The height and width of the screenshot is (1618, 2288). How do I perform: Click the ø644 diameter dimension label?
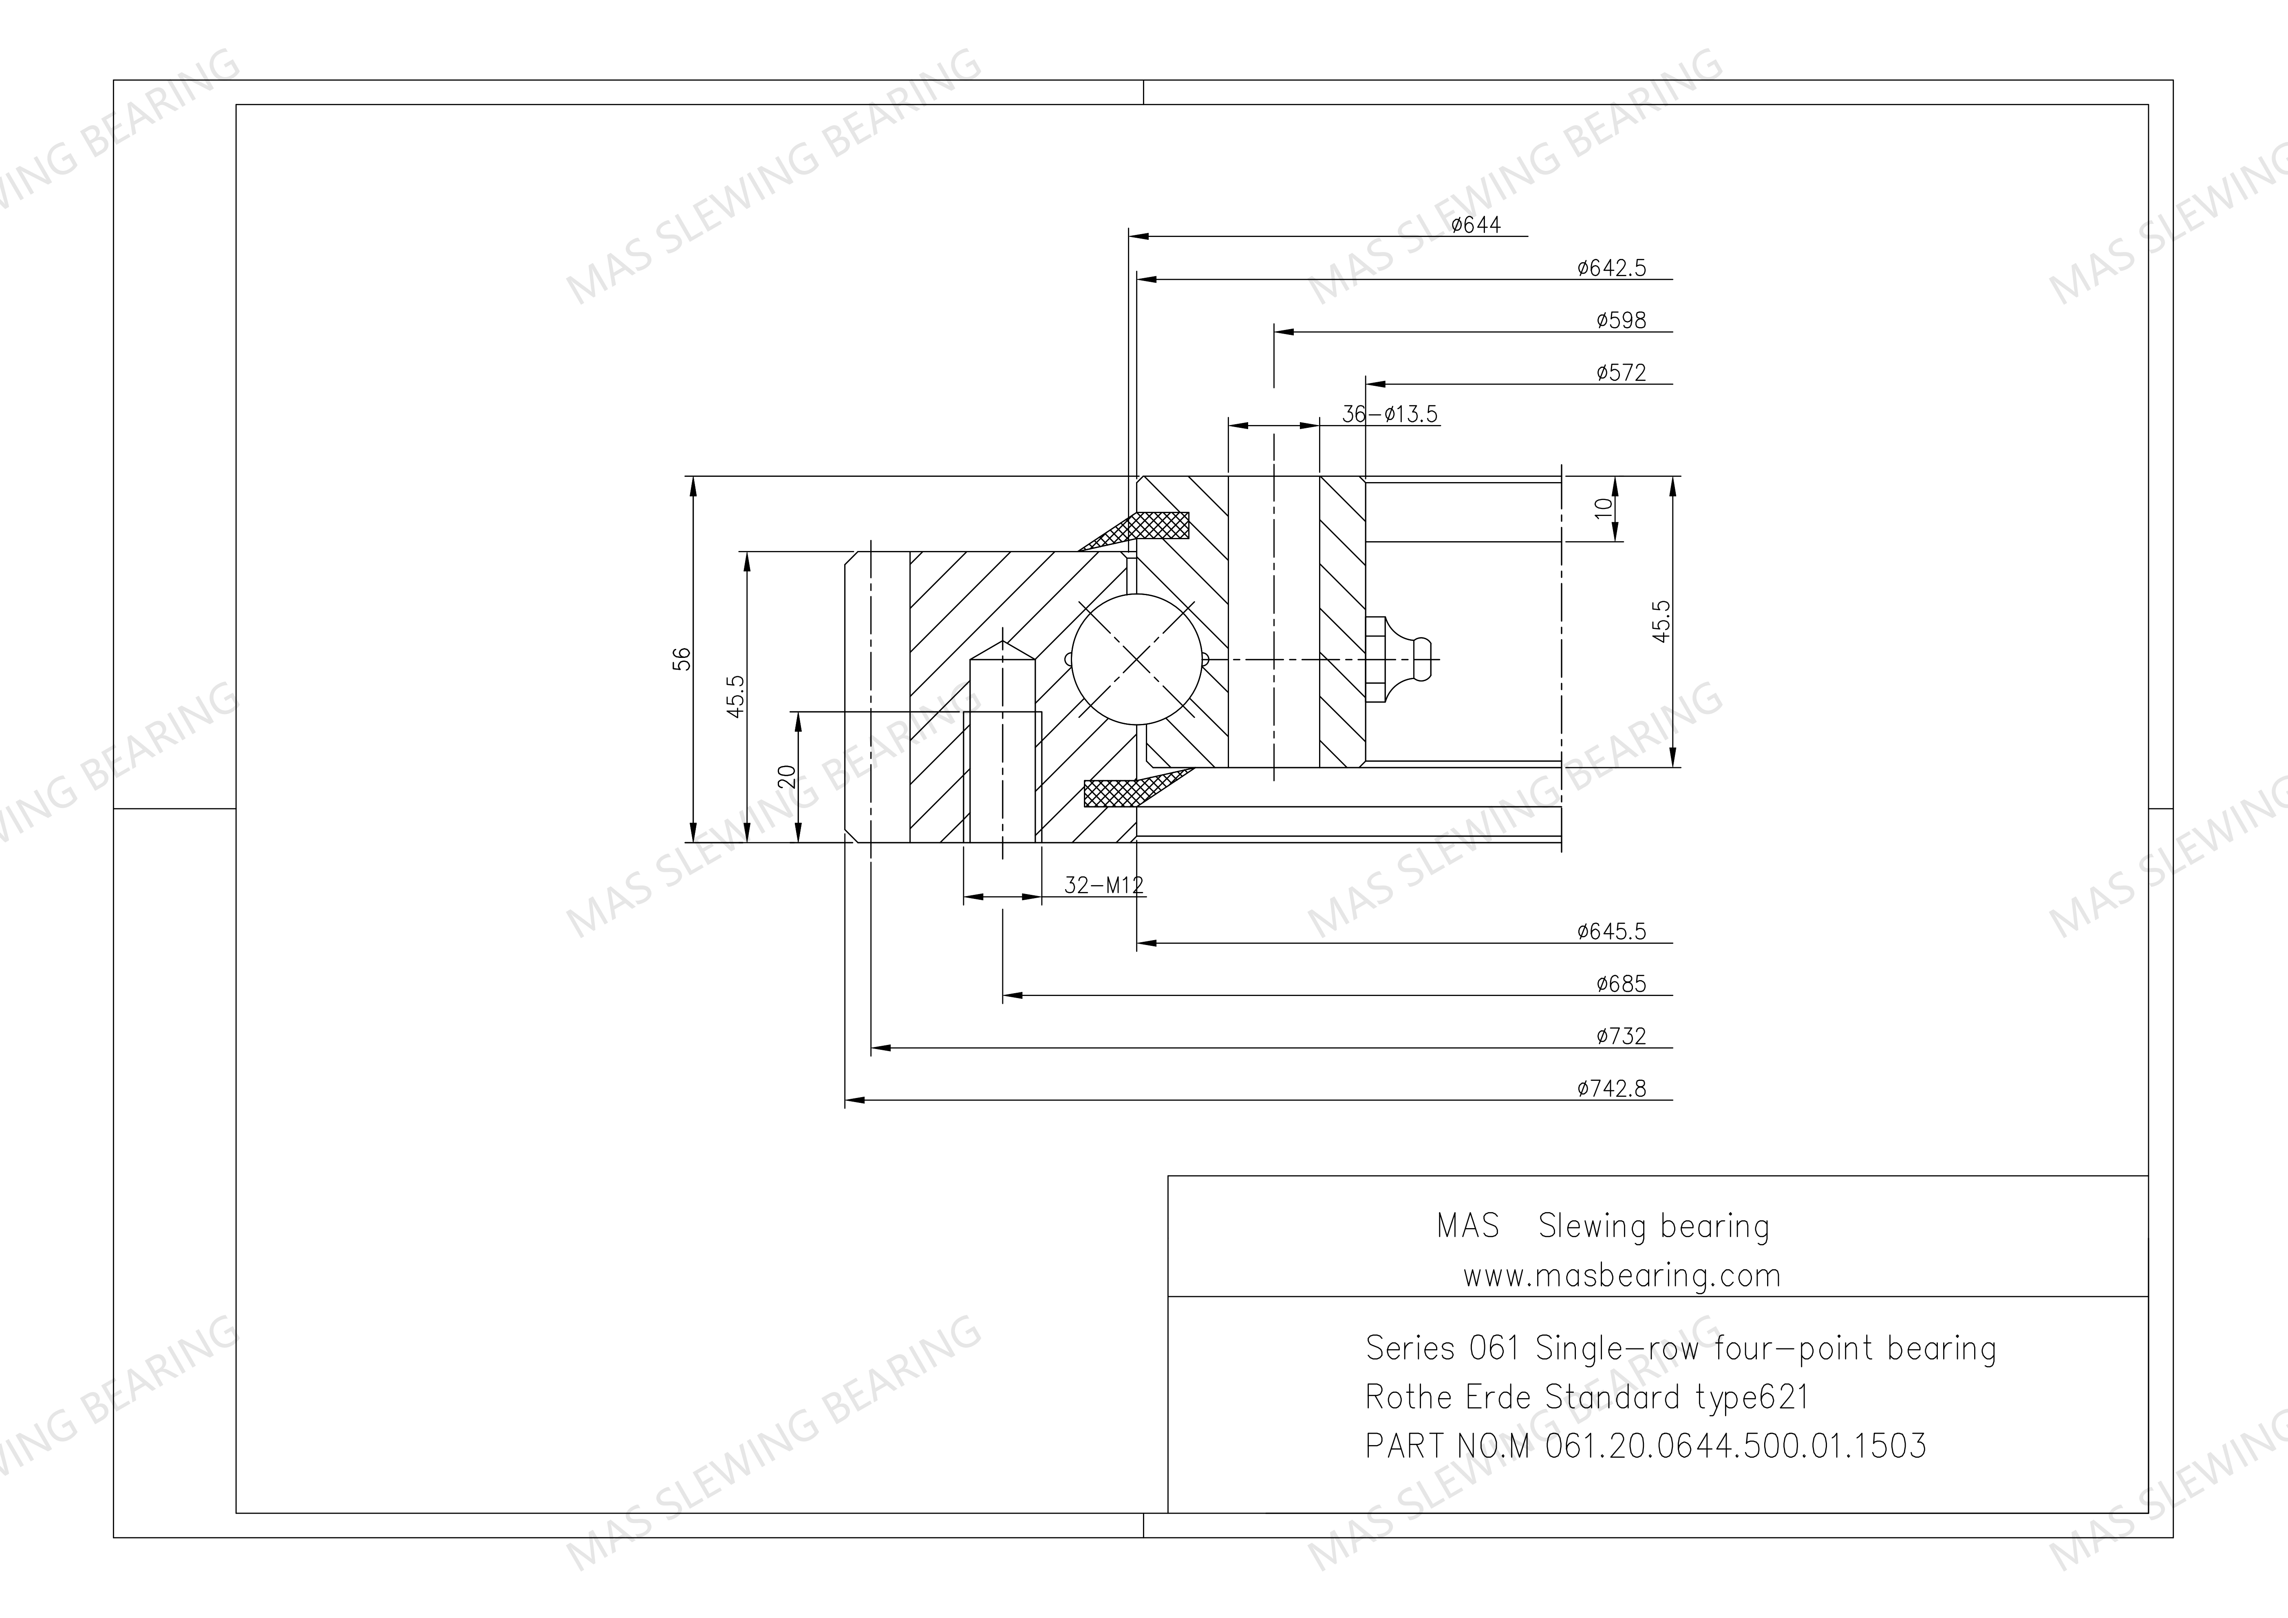click(1476, 225)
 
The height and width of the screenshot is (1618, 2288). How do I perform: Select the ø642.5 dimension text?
click(1611, 268)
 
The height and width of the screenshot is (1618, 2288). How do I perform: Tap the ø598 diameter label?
click(1622, 320)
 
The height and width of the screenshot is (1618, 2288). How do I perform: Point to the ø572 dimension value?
click(1622, 373)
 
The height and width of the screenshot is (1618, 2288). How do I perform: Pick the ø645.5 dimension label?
click(1611, 931)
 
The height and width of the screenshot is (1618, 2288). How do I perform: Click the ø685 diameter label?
click(1622, 984)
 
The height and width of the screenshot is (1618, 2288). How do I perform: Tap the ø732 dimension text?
click(1622, 1036)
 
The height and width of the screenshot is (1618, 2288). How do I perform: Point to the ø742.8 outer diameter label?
click(1611, 1089)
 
